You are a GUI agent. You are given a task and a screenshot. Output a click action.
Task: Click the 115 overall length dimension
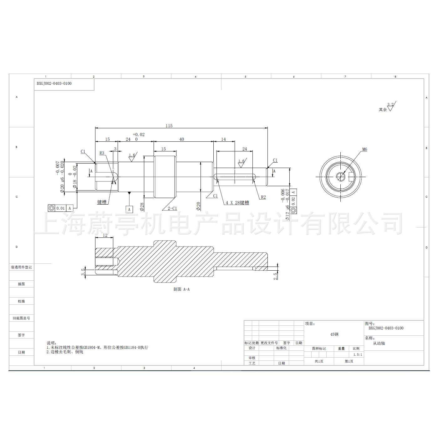[169, 126]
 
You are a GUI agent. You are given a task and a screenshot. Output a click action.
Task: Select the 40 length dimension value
[182, 140]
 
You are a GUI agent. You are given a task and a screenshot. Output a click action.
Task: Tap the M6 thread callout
[364, 150]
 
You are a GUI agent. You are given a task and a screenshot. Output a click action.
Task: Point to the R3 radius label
[102, 153]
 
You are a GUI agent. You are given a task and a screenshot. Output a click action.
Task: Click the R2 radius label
[263, 197]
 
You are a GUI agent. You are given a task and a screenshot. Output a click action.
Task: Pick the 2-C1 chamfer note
[172, 208]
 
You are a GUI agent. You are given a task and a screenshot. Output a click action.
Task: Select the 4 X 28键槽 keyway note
[237, 203]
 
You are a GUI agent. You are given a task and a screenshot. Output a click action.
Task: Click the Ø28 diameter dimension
[142, 207]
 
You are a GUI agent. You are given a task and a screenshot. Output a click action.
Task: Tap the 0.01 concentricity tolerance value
[61, 208]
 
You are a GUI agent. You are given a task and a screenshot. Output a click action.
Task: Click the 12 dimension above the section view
[105, 235]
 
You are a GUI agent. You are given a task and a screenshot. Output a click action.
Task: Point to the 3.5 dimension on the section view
[83, 272]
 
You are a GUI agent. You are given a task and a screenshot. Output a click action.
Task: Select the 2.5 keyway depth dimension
[276, 276]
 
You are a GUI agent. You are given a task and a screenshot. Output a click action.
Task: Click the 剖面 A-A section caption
[181, 289]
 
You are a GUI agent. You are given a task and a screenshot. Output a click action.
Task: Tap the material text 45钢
[334, 334]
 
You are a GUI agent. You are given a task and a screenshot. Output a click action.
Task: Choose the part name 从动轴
[379, 343]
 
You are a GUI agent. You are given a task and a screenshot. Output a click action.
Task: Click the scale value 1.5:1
[358, 355]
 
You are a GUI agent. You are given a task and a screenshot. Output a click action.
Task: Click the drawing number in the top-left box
[54, 84]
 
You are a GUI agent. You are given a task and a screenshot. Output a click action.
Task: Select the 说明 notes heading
[52, 343]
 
